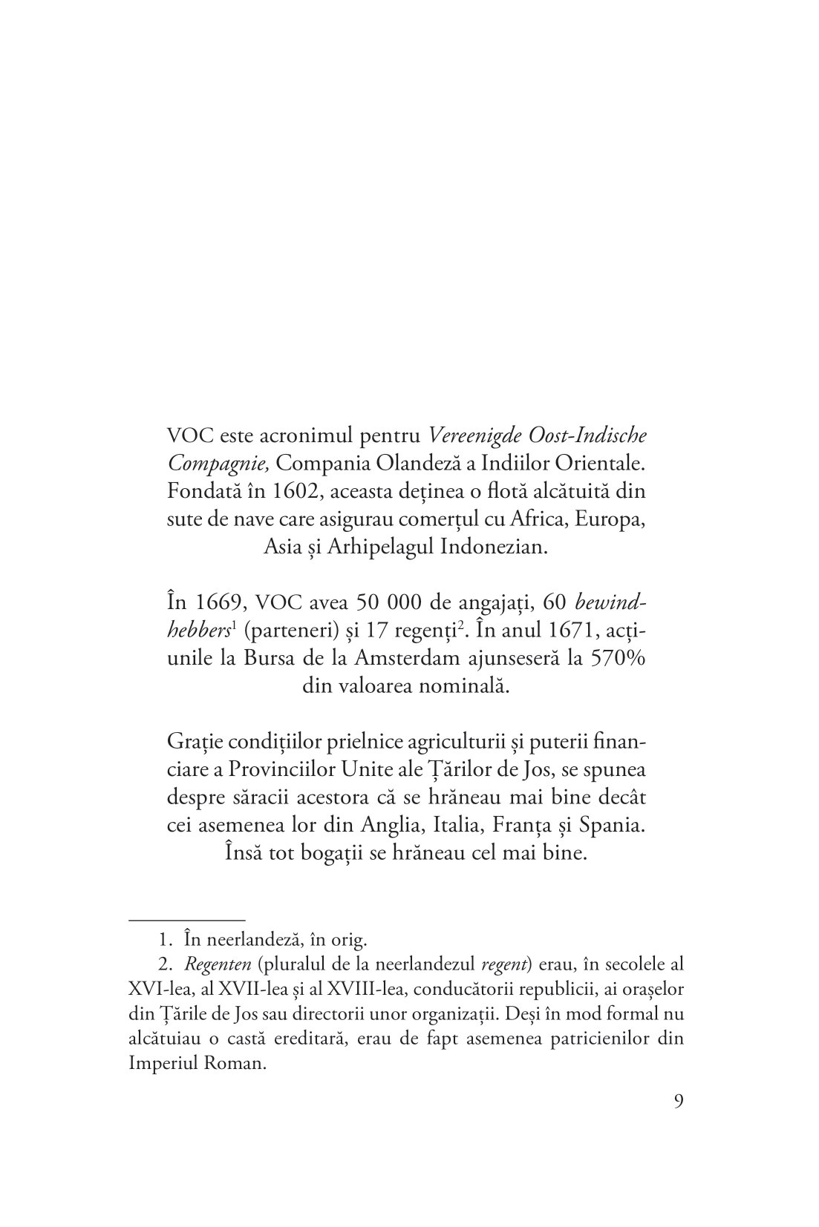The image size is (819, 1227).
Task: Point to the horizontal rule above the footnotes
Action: [187, 918]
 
